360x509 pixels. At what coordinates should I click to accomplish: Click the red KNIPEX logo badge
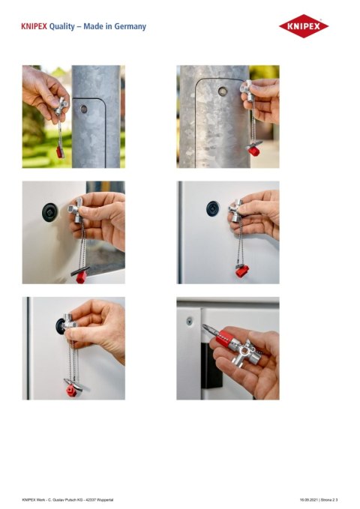(x=304, y=26)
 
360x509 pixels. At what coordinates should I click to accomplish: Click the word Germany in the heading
(x=128, y=27)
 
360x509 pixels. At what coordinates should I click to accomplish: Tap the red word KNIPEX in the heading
(x=34, y=27)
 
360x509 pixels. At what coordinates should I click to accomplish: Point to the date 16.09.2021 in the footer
(x=310, y=499)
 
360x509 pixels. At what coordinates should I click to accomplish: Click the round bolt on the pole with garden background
(x=84, y=109)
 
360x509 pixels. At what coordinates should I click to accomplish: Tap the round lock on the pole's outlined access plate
(x=223, y=91)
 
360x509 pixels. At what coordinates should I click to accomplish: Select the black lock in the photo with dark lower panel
(x=49, y=212)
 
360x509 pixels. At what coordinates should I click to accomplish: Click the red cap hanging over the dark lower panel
(x=80, y=277)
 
